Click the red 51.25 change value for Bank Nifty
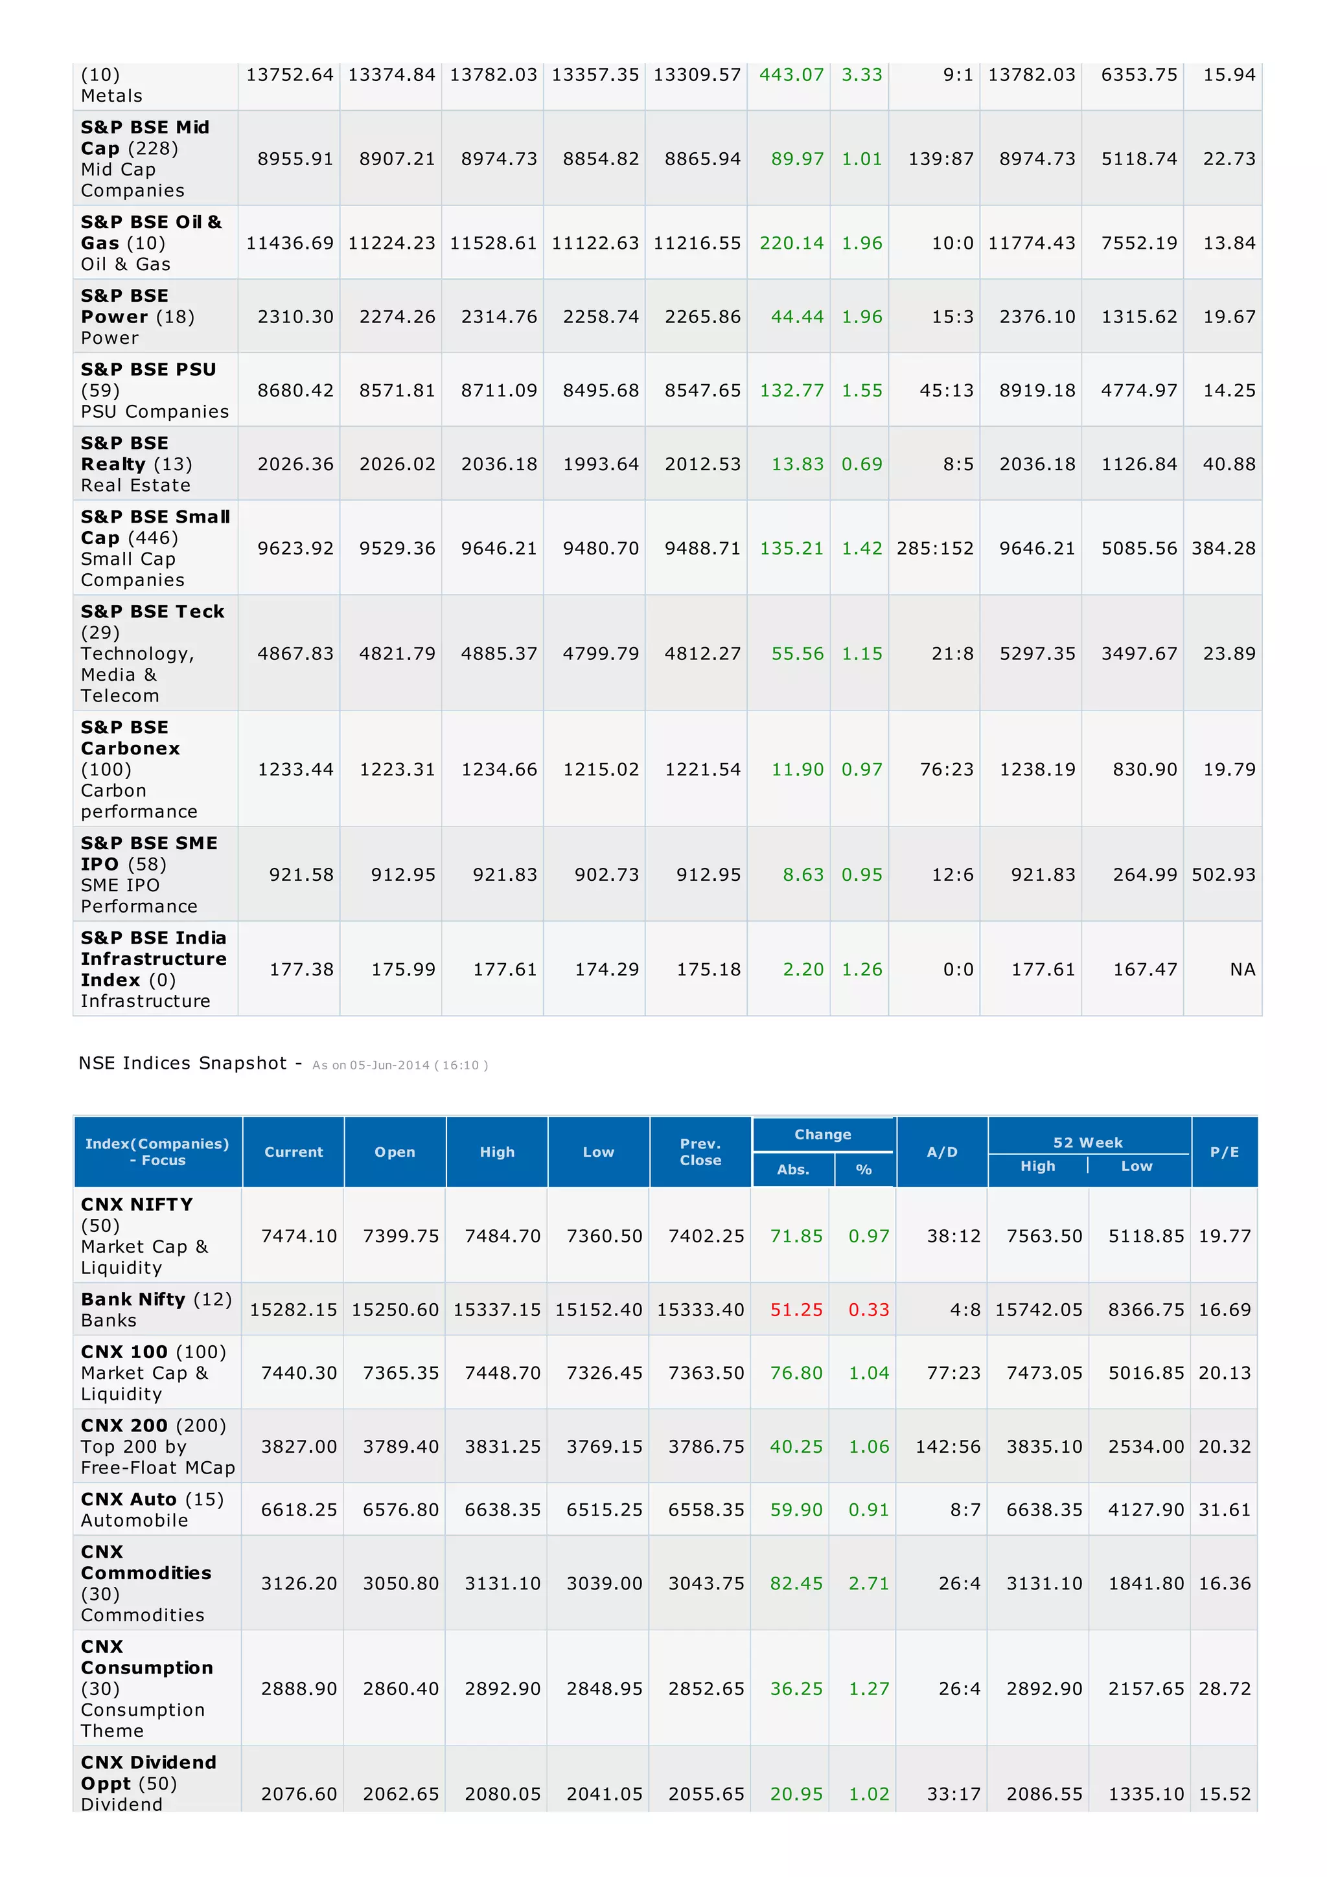796,1310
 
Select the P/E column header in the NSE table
1224,1152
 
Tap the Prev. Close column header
700,1152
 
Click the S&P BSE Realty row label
137,464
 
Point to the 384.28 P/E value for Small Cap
1223,549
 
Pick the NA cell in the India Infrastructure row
1242,970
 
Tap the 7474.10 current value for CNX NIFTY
299,1236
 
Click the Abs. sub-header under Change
792,1170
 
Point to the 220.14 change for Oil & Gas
790,244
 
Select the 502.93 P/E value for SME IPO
1223,875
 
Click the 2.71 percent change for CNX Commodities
868,1584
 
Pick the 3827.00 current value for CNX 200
299,1446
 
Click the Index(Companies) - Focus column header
157,1152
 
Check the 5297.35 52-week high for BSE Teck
1037,654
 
